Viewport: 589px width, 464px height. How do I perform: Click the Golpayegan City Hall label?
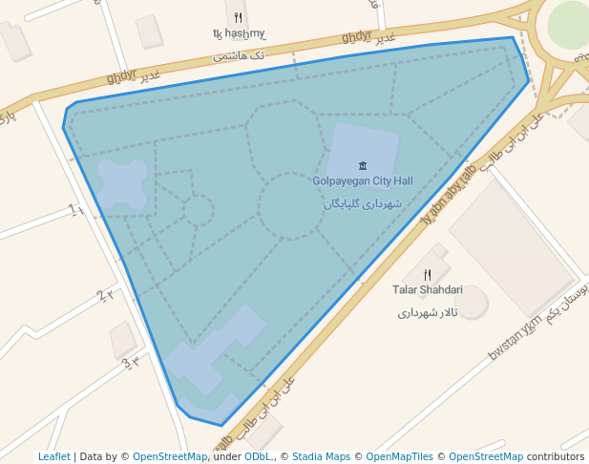tap(363, 180)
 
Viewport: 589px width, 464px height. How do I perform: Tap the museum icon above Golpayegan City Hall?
tap(363, 165)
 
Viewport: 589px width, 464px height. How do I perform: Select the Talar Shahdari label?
tap(427, 289)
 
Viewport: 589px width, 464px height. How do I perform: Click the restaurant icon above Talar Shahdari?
tap(427, 274)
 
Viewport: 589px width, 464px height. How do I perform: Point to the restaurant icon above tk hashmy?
tap(238, 16)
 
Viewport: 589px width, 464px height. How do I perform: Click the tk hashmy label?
tap(238, 33)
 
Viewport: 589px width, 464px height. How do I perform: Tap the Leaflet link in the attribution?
tap(53, 456)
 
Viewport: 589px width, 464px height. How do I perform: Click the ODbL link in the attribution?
tap(258, 456)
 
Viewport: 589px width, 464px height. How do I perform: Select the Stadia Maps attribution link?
tap(321, 456)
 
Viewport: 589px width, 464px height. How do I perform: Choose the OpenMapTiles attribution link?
tap(400, 456)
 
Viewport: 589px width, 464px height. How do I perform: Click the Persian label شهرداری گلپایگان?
tap(363, 203)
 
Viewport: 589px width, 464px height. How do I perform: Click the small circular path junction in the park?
tap(199, 210)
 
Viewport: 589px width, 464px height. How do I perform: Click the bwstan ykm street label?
tap(515, 338)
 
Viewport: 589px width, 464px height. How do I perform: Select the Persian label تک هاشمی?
tap(238, 56)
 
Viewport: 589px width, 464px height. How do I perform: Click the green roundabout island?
tap(569, 23)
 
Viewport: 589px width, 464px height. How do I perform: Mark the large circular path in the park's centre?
tap(291, 205)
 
